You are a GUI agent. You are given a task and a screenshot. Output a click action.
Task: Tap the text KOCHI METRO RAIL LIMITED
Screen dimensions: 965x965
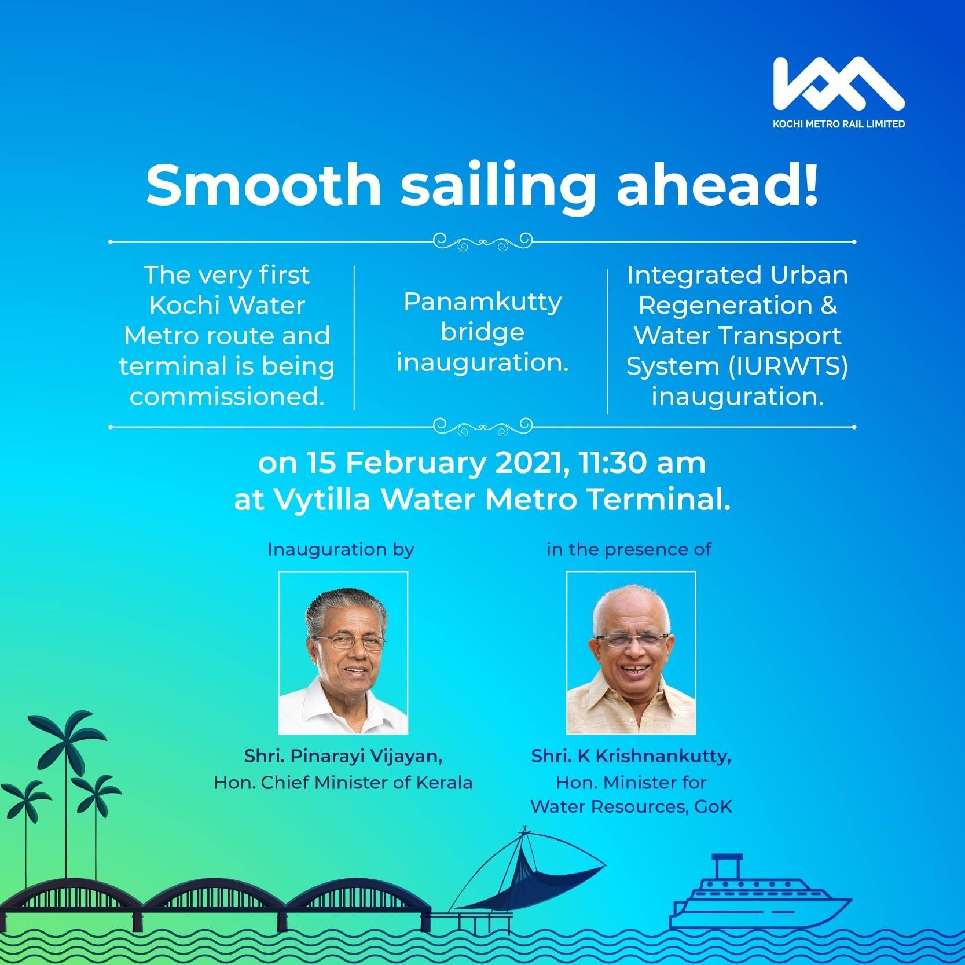click(x=839, y=123)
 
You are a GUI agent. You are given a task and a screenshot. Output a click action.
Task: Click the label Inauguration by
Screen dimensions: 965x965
click(x=341, y=549)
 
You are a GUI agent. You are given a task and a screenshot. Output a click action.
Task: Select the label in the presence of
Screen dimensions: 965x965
click(x=629, y=549)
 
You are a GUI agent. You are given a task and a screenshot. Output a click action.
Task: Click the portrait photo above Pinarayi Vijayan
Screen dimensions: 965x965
click(x=343, y=653)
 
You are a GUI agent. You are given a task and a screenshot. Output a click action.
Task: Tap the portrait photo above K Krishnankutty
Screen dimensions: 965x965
click(x=631, y=653)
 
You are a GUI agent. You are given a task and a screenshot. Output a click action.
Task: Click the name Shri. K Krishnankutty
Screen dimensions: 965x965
click(x=631, y=756)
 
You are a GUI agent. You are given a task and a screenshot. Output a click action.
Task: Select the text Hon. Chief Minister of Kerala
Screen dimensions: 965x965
click(x=343, y=783)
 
